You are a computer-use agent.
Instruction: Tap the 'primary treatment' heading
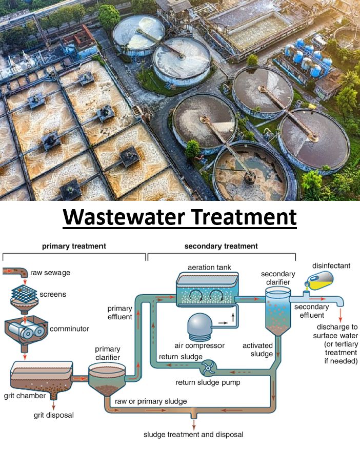click(x=74, y=246)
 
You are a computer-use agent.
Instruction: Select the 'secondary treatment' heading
click(x=221, y=246)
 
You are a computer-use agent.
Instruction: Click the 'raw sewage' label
click(x=50, y=273)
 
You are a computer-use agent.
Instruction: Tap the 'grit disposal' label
click(x=53, y=415)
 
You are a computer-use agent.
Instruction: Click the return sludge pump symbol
click(x=210, y=367)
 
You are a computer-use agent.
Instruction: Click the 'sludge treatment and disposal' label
click(x=193, y=435)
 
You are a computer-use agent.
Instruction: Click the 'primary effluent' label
click(x=119, y=313)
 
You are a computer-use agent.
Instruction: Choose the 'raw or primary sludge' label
click(x=151, y=401)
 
